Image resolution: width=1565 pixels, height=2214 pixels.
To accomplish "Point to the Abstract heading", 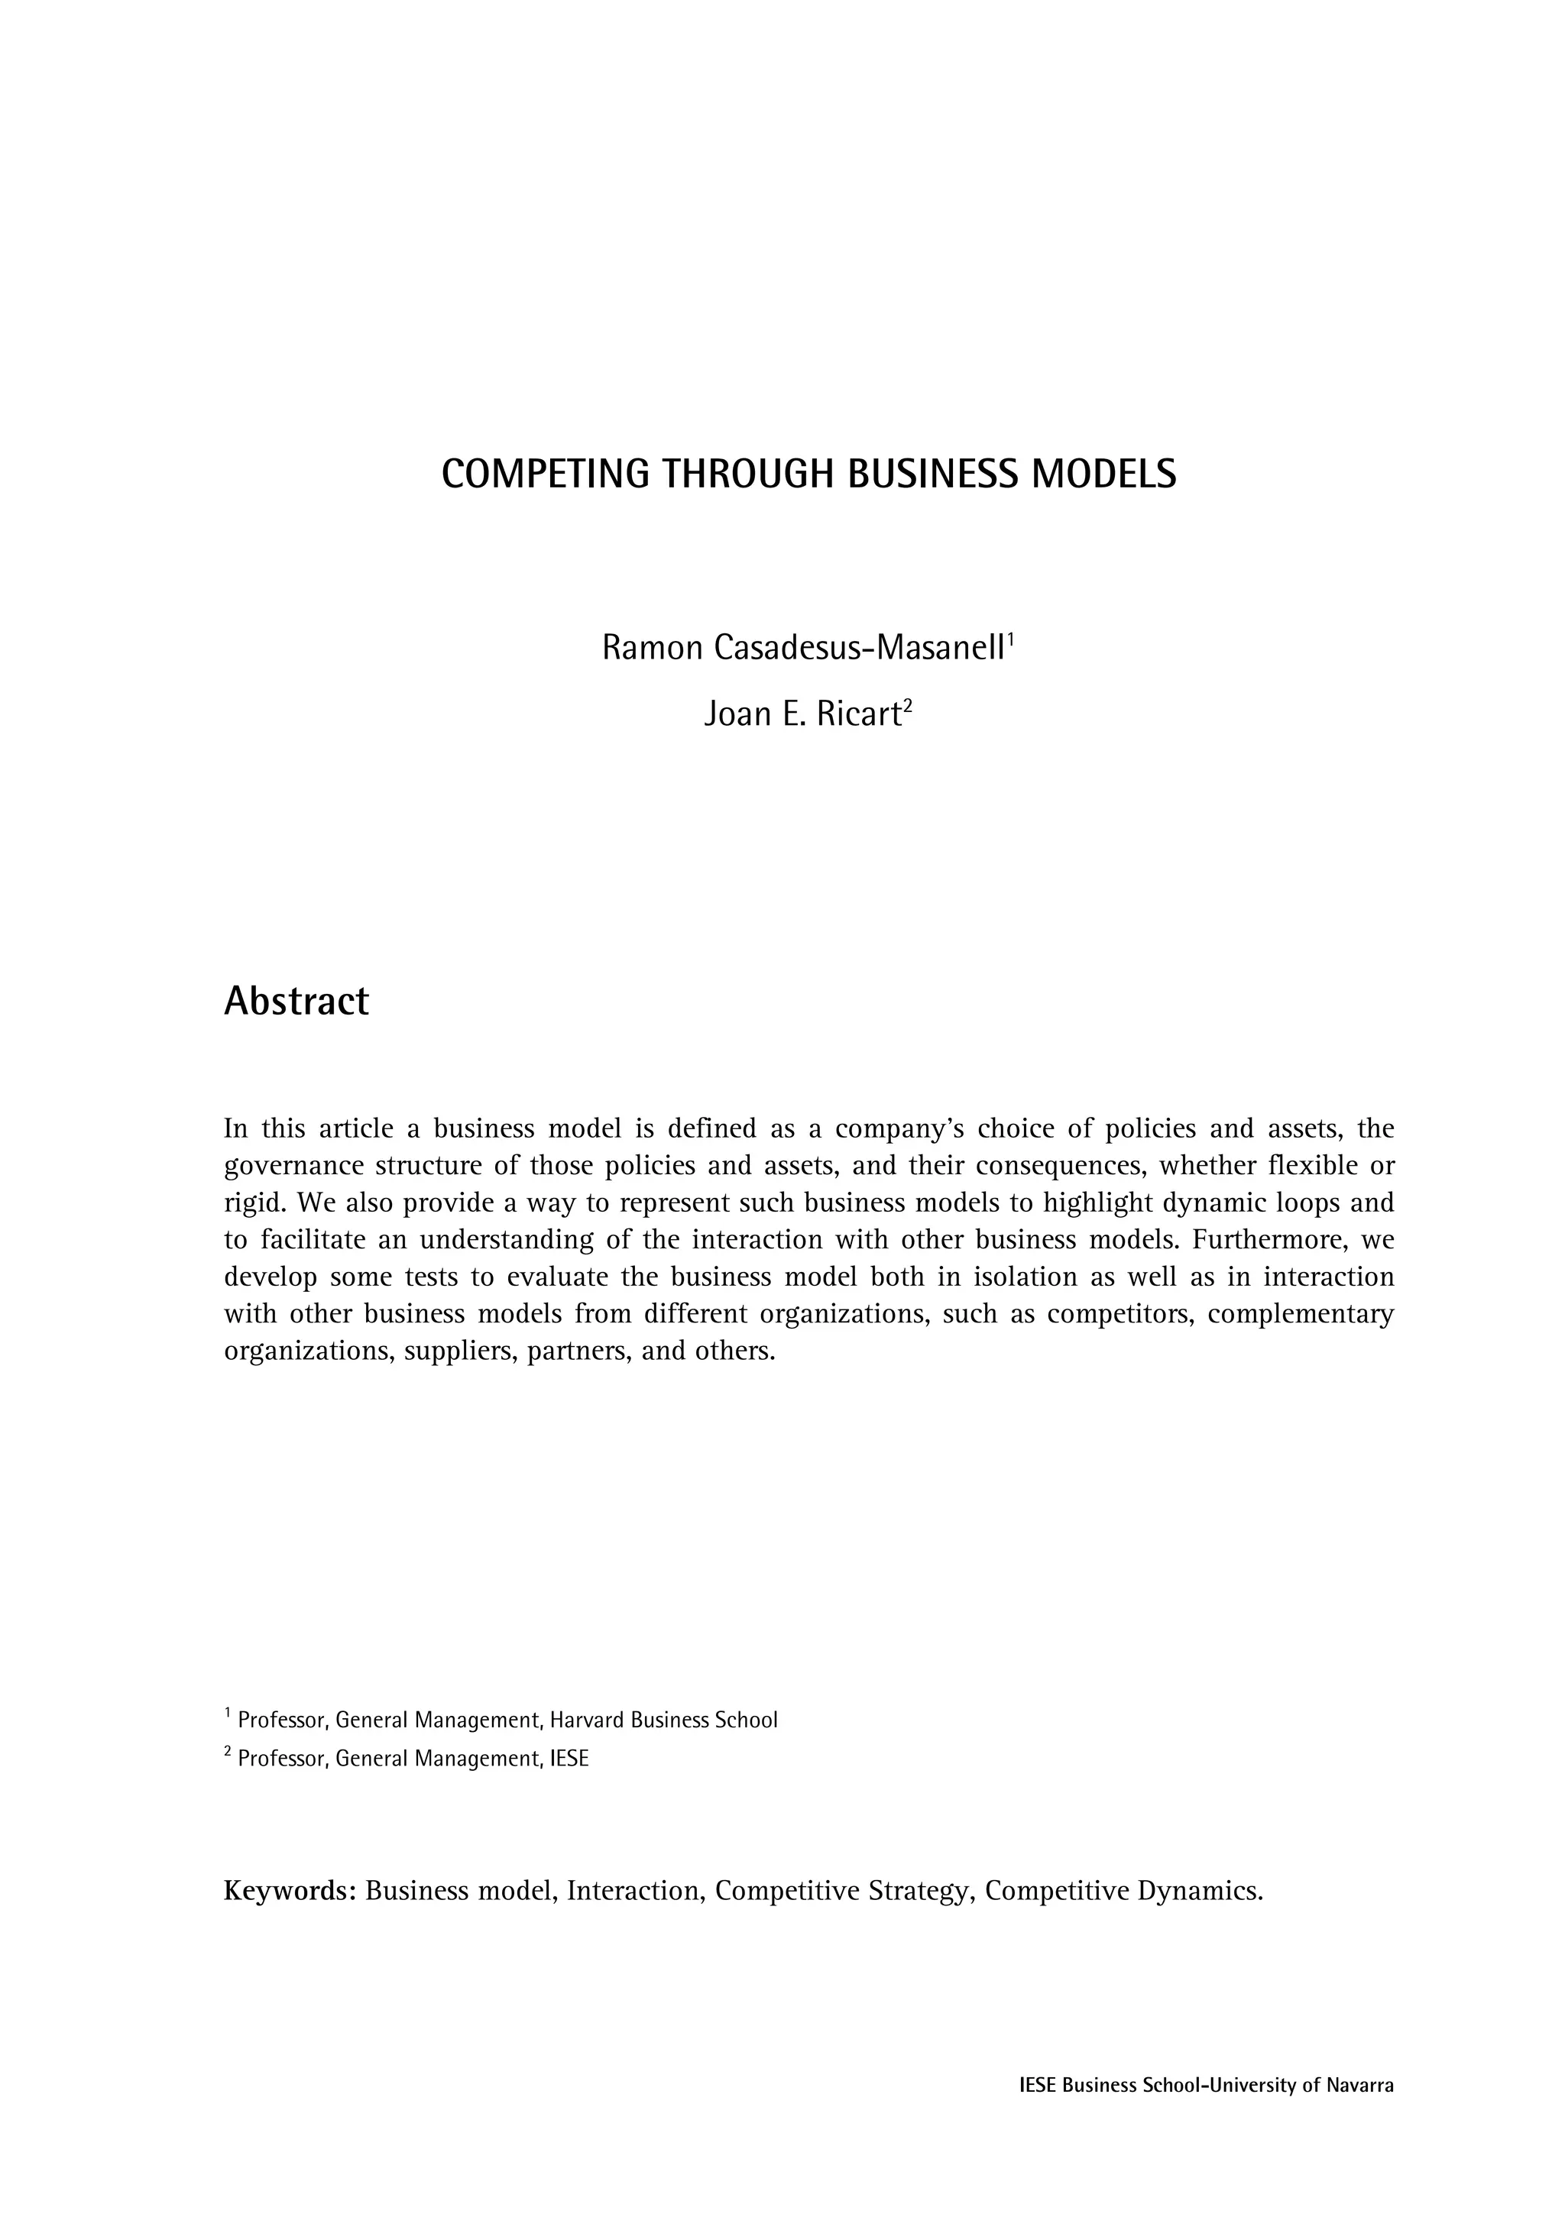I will click(x=296, y=1001).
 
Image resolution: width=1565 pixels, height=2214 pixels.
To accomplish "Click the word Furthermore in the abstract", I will click(x=1259, y=1239).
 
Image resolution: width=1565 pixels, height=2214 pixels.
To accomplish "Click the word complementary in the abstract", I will click(x=1300, y=1313).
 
